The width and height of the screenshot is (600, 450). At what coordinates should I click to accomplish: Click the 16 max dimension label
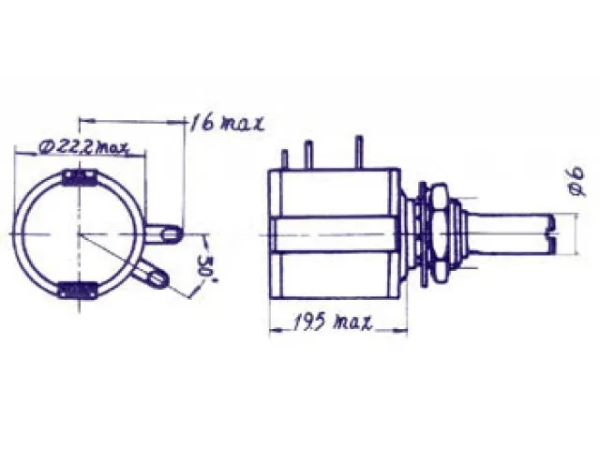227,123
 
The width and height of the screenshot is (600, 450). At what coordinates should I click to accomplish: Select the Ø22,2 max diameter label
83,148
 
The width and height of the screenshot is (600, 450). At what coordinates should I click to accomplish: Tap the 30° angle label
207,269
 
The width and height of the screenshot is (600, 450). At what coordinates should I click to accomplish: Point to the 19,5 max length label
332,322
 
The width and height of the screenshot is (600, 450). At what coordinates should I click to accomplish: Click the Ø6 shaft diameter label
577,181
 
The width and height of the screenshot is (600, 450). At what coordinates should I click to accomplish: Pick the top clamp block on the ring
80,178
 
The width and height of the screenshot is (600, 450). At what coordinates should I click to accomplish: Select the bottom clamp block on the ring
77,290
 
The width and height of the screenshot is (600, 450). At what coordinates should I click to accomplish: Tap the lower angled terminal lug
151,274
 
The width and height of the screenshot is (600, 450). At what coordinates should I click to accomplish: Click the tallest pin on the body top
358,152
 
